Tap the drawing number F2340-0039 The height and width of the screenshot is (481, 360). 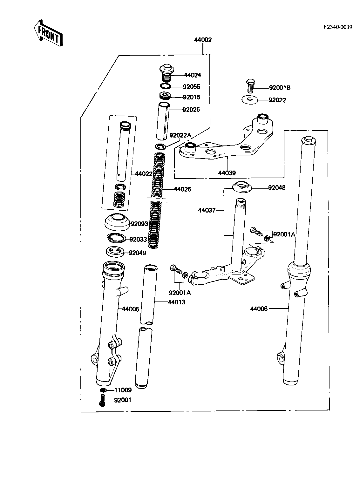click(338, 27)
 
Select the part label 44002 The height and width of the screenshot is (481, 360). click(203, 40)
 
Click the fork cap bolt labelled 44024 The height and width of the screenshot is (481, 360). click(166, 73)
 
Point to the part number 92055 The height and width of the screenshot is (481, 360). click(191, 87)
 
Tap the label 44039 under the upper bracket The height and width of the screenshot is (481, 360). click(227, 173)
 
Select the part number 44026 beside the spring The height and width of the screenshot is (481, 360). click(182, 189)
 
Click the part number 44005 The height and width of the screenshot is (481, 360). click(130, 309)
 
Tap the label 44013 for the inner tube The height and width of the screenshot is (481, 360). click(176, 302)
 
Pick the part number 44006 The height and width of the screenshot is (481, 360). click(259, 308)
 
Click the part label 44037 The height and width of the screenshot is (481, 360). click(207, 210)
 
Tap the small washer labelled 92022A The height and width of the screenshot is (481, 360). click(160, 146)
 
